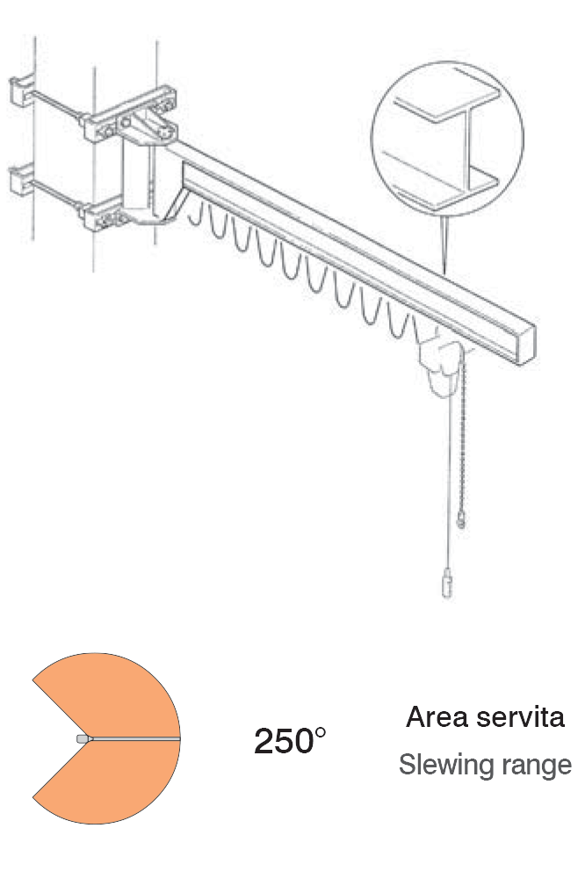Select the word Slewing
coord(437,765)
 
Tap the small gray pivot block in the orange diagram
coord(82,739)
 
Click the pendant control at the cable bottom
coord(446,585)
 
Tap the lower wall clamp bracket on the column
coord(109,212)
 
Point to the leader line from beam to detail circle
coord(444,242)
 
